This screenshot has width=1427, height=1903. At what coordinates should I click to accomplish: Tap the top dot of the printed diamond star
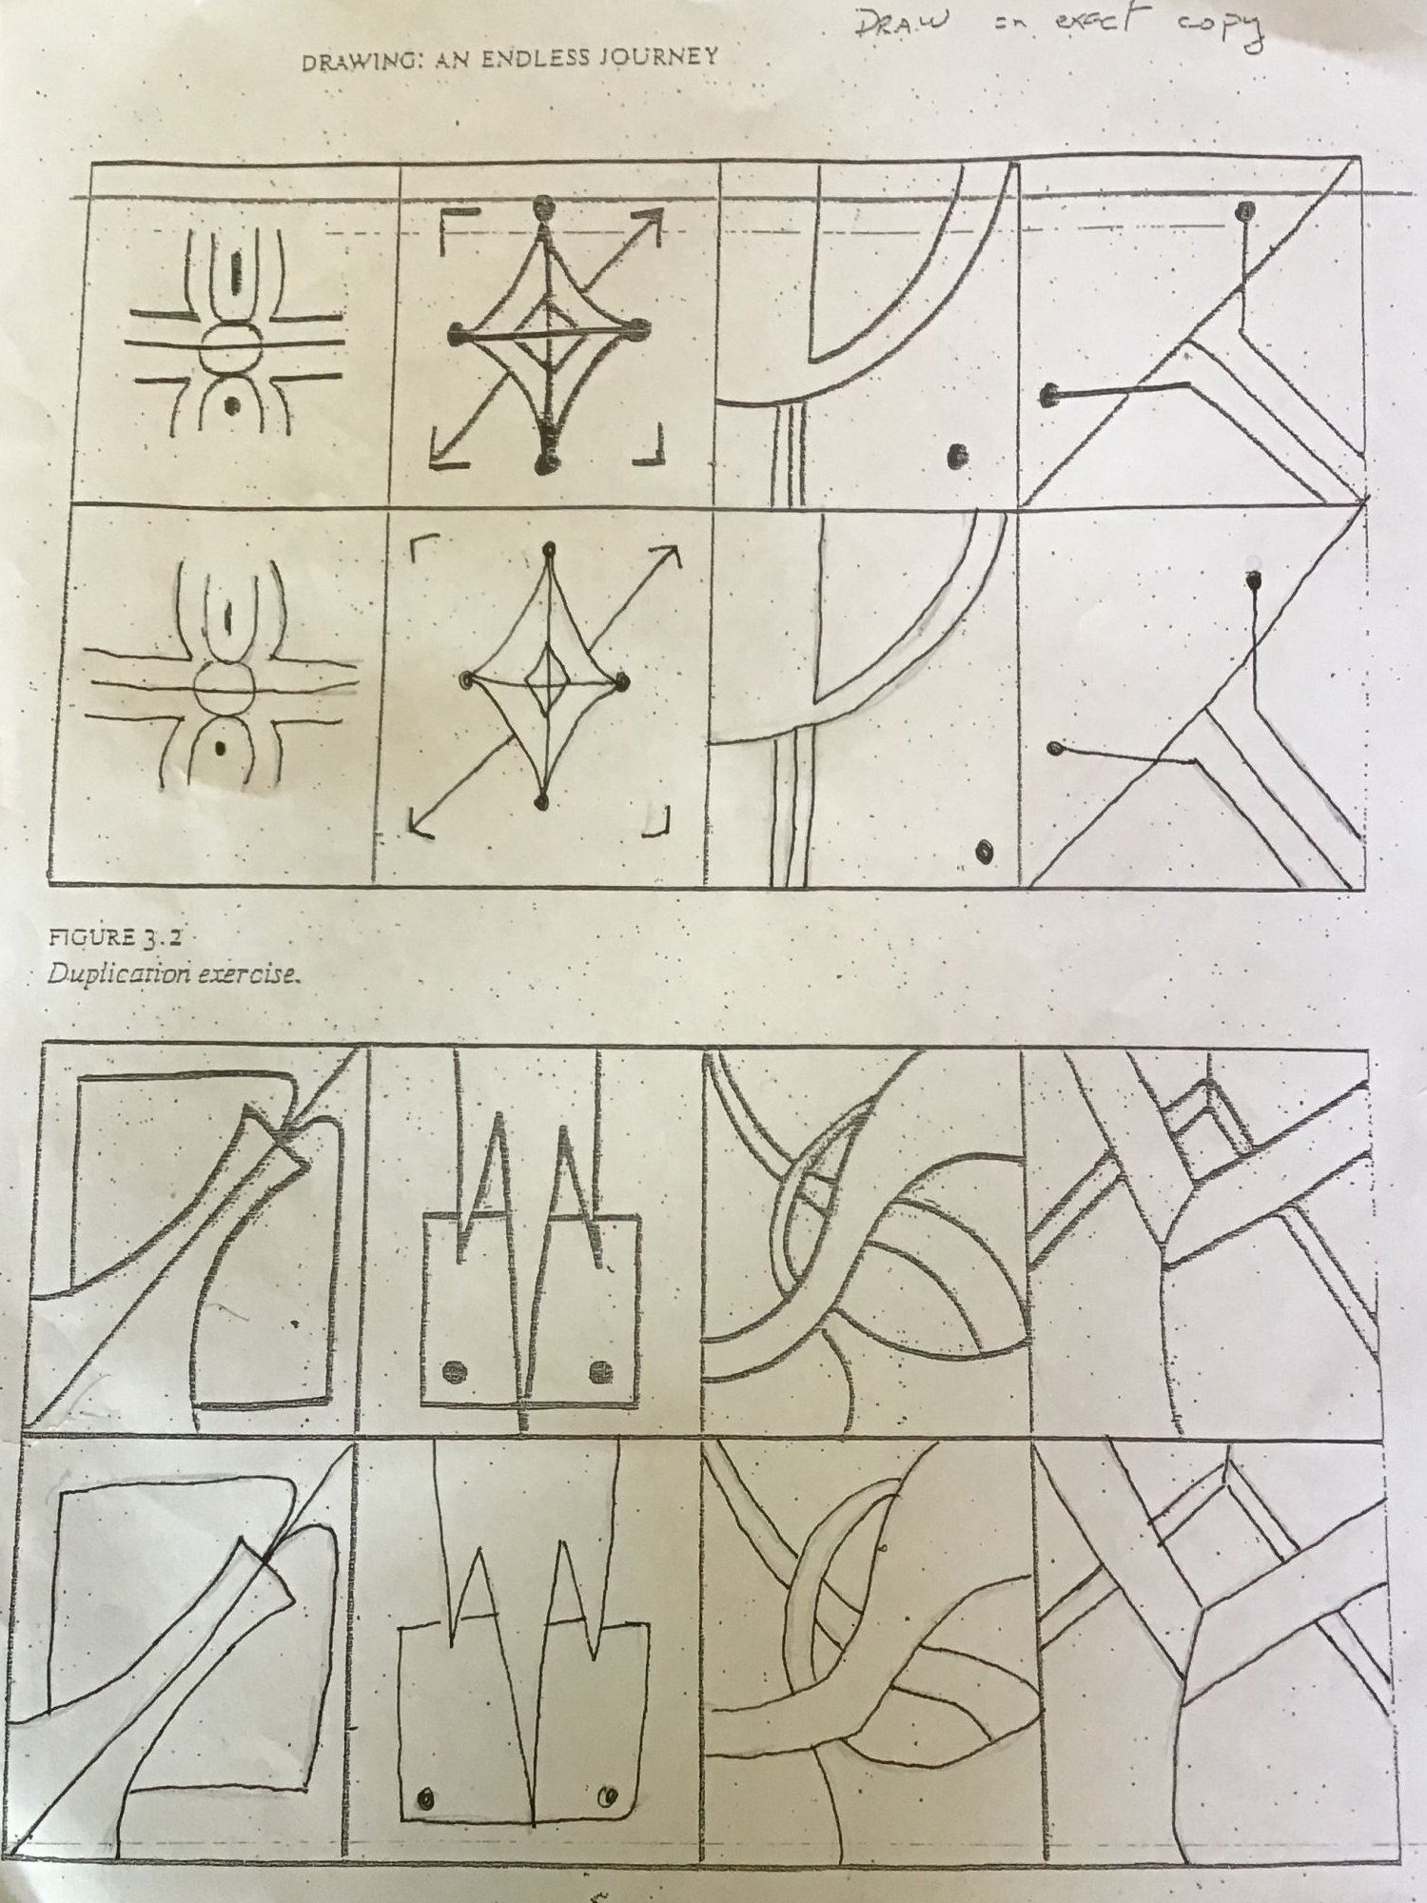point(543,205)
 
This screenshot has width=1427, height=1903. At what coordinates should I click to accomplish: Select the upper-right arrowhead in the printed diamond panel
point(653,222)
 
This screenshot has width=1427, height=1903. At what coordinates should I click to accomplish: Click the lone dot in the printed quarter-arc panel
point(954,458)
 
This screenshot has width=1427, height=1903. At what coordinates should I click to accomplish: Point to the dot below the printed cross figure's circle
point(229,403)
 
